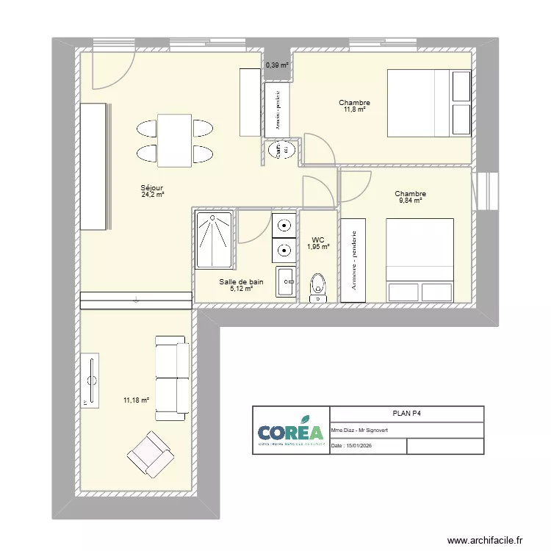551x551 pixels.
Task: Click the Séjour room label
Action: pyautogui.click(x=152, y=188)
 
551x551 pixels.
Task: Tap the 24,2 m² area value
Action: pyautogui.click(x=152, y=195)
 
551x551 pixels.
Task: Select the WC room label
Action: pyautogui.click(x=318, y=240)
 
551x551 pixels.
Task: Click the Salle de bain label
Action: pyautogui.click(x=241, y=281)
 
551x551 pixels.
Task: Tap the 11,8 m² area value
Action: pyautogui.click(x=354, y=109)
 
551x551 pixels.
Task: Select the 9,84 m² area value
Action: pyautogui.click(x=411, y=201)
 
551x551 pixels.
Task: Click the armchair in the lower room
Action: pyautogui.click(x=150, y=454)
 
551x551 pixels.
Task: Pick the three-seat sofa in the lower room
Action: pyautogui.click(x=172, y=378)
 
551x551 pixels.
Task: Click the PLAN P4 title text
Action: pyautogui.click(x=407, y=414)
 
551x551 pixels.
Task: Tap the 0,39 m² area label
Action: pyautogui.click(x=277, y=65)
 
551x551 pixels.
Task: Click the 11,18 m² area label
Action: pyautogui.click(x=136, y=400)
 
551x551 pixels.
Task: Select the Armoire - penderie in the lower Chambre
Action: pyautogui.click(x=353, y=259)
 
